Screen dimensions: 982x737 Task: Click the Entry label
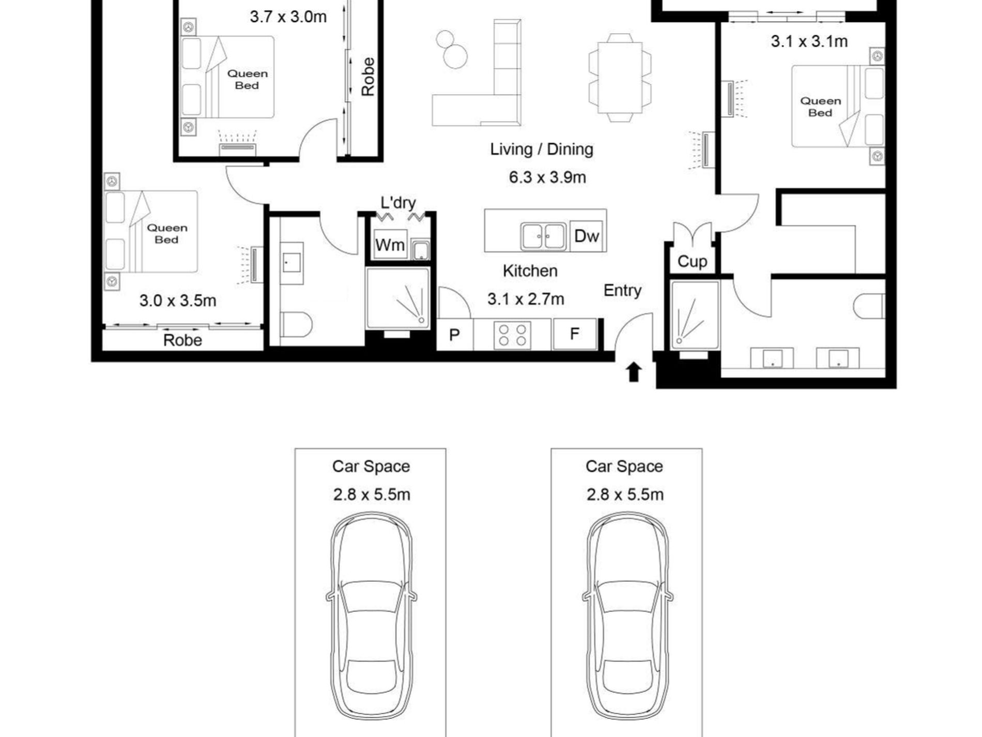pos(622,291)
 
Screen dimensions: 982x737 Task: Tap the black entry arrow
pos(634,372)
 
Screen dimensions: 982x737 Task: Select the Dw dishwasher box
pos(587,236)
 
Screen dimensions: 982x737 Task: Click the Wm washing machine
pos(390,245)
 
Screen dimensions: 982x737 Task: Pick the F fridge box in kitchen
pos(574,334)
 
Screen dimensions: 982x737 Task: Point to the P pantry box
pos(455,335)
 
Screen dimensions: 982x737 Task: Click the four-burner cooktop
pos(512,335)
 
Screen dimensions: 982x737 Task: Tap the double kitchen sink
pos(543,237)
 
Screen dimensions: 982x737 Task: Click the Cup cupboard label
pos(692,262)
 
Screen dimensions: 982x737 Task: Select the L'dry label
pos(398,202)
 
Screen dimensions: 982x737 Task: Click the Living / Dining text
pos(542,149)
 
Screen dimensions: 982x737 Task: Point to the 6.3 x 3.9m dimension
pos(547,177)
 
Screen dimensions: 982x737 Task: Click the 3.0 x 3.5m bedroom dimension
pos(178,300)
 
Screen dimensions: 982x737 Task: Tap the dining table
pos(620,78)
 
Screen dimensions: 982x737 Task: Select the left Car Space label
pos(371,467)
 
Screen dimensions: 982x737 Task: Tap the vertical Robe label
pos(367,77)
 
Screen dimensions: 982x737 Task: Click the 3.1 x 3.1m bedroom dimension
pos(809,41)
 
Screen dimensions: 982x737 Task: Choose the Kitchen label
pos(530,271)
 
